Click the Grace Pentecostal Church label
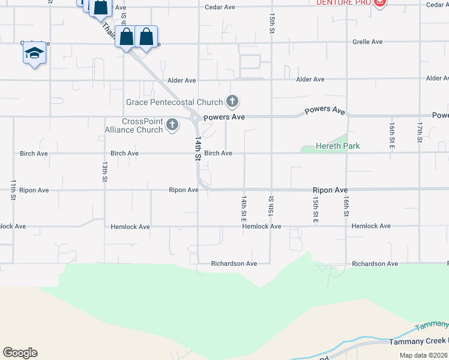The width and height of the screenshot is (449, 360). pyautogui.click(x=174, y=102)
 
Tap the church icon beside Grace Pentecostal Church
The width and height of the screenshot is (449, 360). pyautogui.click(x=233, y=101)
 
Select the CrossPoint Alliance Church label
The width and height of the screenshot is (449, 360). pyautogui.click(x=142, y=125)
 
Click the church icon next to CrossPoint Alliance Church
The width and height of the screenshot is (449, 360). pyautogui.click(x=172, y=125)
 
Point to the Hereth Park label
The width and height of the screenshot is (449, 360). pyautogui.click(x=338, y=146)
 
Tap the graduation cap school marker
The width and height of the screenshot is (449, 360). pyautogui.click(x=35, y=53)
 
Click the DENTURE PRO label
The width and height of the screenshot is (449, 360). pyautogui.click(x=343, y=3)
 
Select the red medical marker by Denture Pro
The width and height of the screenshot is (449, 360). pyautogui.click(x=379, y=3)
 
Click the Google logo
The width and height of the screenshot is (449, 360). pyautogui.click(x=20, y=353)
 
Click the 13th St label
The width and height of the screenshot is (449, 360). pyautogui.click(x=104, y=172)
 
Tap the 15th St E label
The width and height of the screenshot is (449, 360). pyautogui.click(x=316, y=209)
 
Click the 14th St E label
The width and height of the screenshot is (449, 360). pyautogui.click(x=244, y=205)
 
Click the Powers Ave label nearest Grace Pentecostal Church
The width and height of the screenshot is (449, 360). pyautogui.click(x=224, y=117)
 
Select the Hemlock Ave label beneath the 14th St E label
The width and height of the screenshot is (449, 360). pyautogui.click(x=262, y=226)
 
